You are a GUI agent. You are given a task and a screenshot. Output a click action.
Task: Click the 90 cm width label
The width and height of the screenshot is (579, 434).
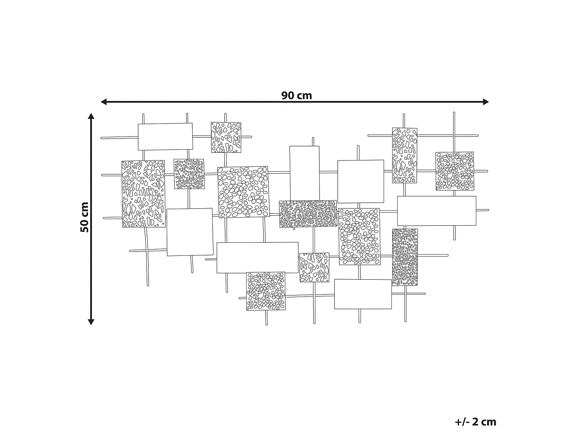296,95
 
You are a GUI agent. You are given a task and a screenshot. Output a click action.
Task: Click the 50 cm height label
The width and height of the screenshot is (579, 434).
85,217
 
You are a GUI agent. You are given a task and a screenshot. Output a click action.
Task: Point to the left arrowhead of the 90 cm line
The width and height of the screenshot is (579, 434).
104,102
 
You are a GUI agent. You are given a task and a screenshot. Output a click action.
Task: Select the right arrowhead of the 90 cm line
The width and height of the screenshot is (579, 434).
486,102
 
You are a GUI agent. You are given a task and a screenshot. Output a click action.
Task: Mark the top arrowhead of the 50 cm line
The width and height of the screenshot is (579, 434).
91,116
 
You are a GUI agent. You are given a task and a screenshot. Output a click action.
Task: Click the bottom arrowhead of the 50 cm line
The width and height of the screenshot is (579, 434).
91,322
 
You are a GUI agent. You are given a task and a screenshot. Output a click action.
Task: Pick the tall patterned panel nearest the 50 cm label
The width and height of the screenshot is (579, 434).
144,194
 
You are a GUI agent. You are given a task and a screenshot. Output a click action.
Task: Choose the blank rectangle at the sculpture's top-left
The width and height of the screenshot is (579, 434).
165,137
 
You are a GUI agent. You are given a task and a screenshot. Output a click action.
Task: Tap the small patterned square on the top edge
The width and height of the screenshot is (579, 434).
226,137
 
